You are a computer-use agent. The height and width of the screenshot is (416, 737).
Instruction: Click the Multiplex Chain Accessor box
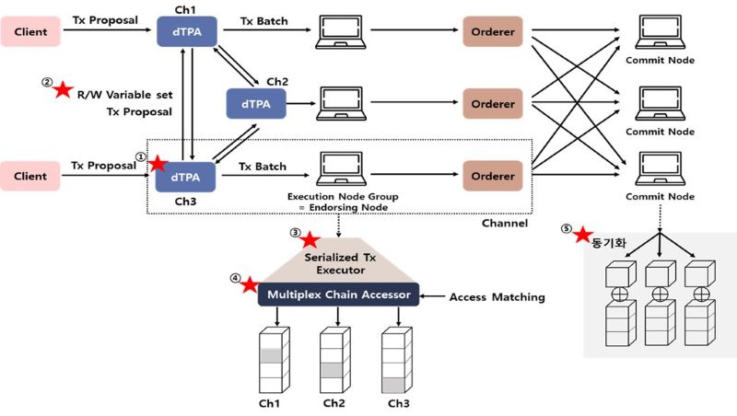point(340,295)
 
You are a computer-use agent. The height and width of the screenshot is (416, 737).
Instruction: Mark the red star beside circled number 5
point(581,236)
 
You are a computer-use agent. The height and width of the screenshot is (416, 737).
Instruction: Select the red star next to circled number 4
point(249,284)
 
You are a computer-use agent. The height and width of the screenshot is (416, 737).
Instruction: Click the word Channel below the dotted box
point(505,223)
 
